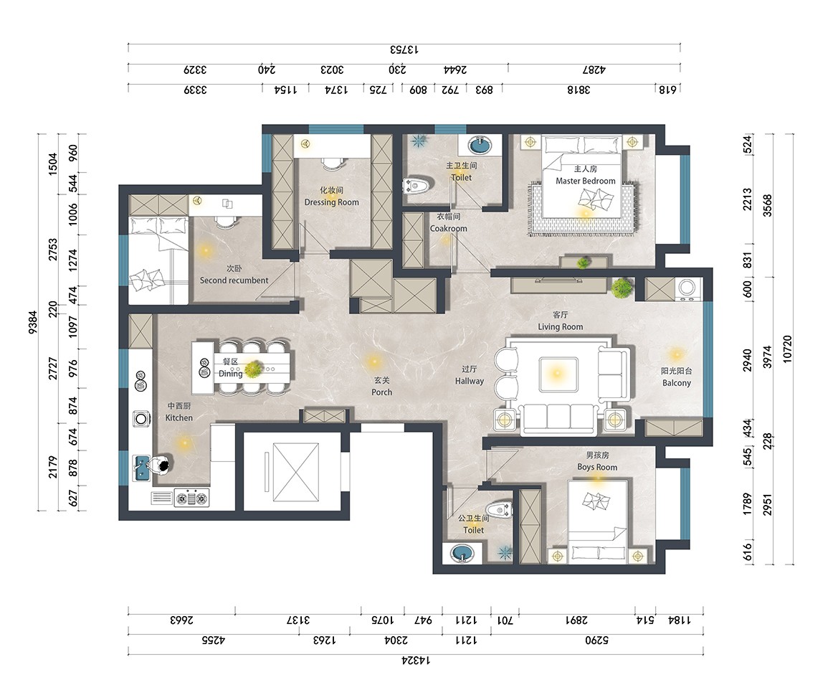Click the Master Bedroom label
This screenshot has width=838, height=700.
585,181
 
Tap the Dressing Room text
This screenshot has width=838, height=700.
331,202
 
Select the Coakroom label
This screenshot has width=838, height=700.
449,228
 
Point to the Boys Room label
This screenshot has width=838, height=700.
597,467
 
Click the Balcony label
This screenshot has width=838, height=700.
677,383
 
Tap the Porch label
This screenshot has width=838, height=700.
381,392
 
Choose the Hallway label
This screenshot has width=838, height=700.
470,381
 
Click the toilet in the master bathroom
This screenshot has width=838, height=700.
417,186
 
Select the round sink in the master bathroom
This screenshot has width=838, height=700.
480,145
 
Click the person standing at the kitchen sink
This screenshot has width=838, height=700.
160,465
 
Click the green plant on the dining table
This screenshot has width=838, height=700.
253,369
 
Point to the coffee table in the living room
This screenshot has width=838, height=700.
558,373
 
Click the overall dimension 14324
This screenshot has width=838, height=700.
416,661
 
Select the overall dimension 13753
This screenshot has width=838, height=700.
404,49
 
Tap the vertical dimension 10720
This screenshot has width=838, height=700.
786,349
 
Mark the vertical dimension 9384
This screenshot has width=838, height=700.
33,323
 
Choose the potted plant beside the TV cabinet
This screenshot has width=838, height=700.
622,288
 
